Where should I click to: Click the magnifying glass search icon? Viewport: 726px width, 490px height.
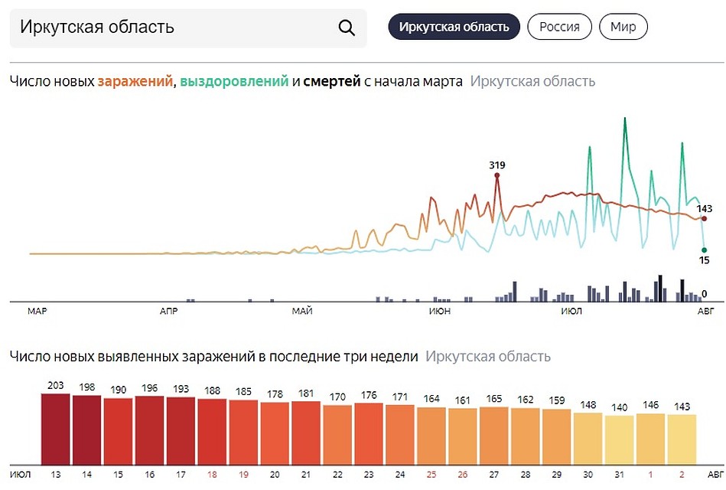pyautogui.click(x=347, y=28)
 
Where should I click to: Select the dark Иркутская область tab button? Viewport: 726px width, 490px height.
pyautogui.click(x=454, y=27)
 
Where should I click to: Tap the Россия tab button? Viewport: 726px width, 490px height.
pyautogui.click(x=559, y=27)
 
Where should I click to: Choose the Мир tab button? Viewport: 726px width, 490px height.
pyautogui.click(x=623, y=27)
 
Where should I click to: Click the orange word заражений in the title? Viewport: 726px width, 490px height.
pyautogui.click(x=135, y=81)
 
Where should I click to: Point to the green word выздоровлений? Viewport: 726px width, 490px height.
pyautogui.click(x=234, y=81)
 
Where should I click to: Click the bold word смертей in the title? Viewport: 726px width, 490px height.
pyautogui.click(x=331, y=81)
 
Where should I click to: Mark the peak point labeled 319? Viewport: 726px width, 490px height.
pyautogui.click(x=497, y=175)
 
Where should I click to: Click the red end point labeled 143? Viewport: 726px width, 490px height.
pyautogui.click(x=704, y=218)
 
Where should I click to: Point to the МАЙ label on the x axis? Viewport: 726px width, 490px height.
pyautogui.click(x=302, y=312)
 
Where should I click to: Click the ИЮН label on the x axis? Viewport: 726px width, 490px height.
pyautogui.click(x=440, y=312)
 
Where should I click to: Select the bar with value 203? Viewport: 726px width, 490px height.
pyautogui.click(x=55, y=428)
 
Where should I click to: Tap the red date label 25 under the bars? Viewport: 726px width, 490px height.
pyautogui.click(x=431, y=475)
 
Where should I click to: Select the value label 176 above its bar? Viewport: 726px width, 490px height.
pyautogui.click(x=369, y=396)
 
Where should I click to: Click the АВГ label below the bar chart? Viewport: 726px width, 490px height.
pyautogui.click(x=712, y=475)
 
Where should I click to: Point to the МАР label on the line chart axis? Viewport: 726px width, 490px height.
pyautogui.click(x=37, y=312)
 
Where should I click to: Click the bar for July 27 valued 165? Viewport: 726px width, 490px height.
pyautogui.click(x=494, y=435)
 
